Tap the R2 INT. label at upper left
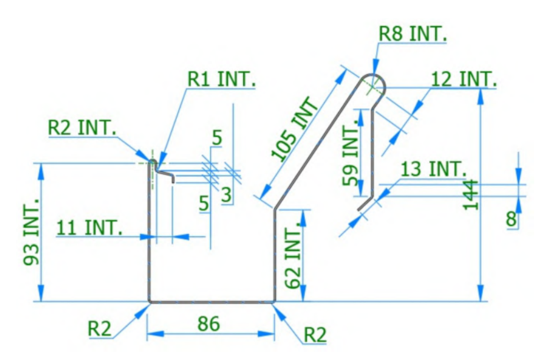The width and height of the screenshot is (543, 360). coord(82,127)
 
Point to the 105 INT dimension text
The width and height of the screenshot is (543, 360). coord(294,129)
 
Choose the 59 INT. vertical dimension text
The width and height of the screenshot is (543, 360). coord(352,153)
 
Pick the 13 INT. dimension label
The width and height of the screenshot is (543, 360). coord(433,169)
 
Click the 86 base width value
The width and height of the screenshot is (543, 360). coord(209,323)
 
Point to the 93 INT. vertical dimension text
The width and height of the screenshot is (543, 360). coord(31,232)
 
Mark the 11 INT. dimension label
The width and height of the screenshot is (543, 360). coord(90,227)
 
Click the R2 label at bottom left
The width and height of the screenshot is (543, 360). coord(100,328)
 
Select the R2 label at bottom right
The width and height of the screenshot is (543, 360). coord(315,334)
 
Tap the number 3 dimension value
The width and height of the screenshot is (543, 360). coord(226,194)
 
